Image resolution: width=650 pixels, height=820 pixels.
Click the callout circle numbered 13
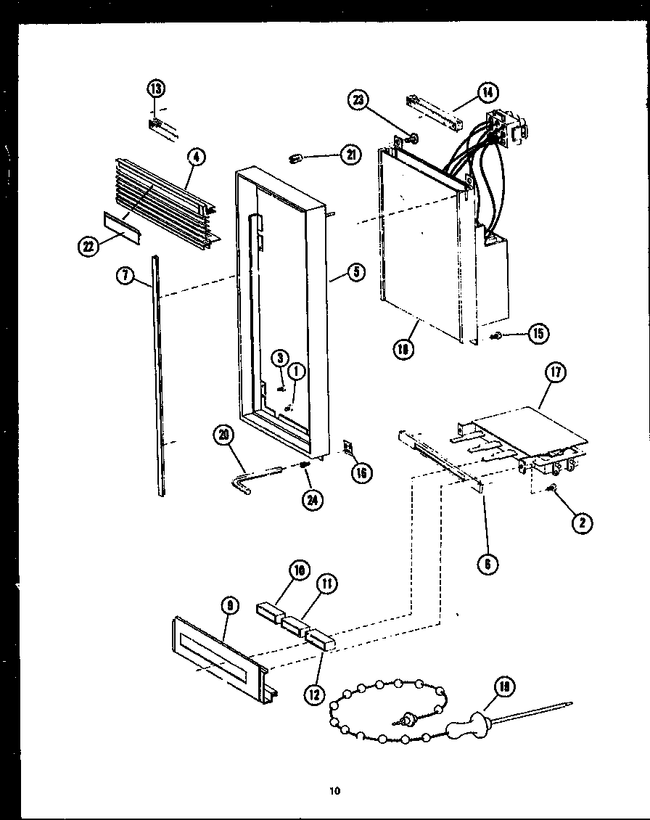point(155,89)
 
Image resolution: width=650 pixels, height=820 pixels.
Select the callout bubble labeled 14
point(486,92)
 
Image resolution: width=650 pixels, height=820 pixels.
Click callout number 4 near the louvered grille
point(195,157)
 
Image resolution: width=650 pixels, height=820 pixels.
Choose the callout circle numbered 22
point(89,247)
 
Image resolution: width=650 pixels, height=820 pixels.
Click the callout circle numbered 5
point(355,273)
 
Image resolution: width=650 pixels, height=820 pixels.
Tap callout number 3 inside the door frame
point(281,357)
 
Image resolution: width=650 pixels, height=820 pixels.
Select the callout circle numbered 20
point(223,435)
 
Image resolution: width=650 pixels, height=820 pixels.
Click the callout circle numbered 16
point(361,472)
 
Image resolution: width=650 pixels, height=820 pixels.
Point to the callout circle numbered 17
point(555,374)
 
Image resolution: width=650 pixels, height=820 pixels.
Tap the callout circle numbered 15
point(538,333)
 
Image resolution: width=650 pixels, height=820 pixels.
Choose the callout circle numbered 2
point(581,523)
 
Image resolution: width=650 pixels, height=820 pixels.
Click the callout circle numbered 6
point(490,563)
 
